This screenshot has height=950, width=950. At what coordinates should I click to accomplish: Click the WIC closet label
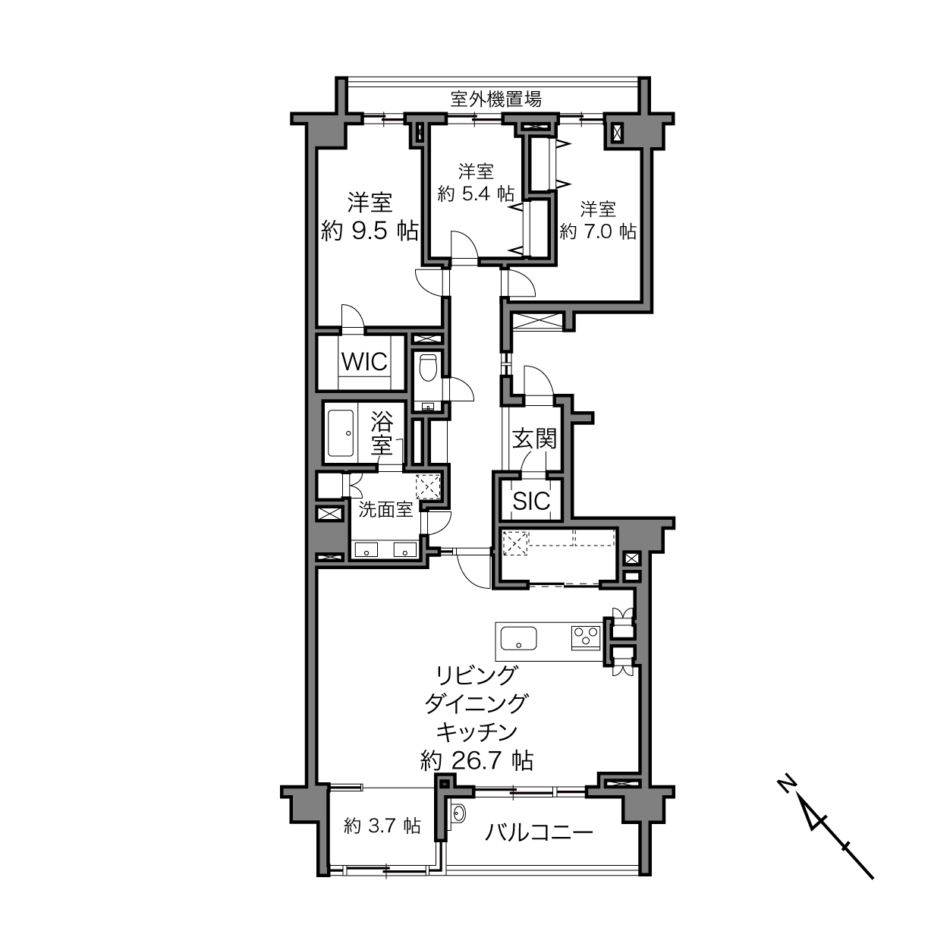[x=364, y=362]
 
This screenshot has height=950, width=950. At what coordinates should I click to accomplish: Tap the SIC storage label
[x=531, y=502]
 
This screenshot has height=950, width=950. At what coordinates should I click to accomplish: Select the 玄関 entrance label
[x=534, y=439]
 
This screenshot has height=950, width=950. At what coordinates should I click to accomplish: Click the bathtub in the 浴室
[x=341, y=433]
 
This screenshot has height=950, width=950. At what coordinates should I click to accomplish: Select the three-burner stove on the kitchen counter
[x=586, y=638]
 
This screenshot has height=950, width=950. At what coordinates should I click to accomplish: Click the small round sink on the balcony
[x=458, y=813]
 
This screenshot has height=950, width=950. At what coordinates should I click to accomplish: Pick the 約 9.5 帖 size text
[x=370, y=231]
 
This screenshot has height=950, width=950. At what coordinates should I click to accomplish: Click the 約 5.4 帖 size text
[x=476, y=193]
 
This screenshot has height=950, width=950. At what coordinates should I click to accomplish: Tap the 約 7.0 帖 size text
[x=597, y=231]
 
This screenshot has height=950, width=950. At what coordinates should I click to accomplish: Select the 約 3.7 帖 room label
[x=382, y=826]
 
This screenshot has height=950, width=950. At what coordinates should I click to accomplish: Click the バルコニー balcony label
[x=539, y=833]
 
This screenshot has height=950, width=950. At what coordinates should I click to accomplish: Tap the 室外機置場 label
[x=496, y=99]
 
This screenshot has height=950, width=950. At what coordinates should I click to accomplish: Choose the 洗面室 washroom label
[x=385, y=510]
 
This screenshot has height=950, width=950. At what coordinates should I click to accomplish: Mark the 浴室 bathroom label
[x=382, y=433]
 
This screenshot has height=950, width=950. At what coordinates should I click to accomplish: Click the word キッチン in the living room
[x=477, y=732]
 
